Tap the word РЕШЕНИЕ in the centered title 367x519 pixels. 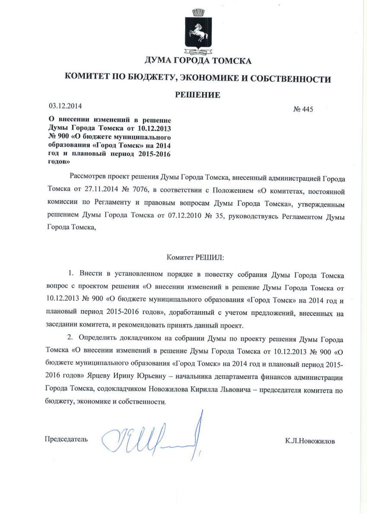197,95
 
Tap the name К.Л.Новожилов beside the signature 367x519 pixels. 310,441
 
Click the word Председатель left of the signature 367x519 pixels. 66,439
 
